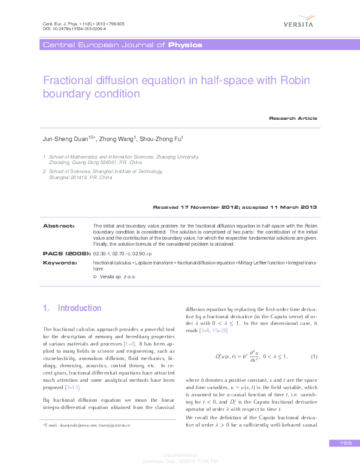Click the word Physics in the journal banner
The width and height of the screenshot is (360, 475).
click(185, 45)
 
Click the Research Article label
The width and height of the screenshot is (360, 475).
click(293, 118)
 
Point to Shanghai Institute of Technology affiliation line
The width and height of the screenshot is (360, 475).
click(103, 172)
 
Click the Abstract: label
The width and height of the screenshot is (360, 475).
click(59, 225)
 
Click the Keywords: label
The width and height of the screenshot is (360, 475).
click(60, 263)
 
